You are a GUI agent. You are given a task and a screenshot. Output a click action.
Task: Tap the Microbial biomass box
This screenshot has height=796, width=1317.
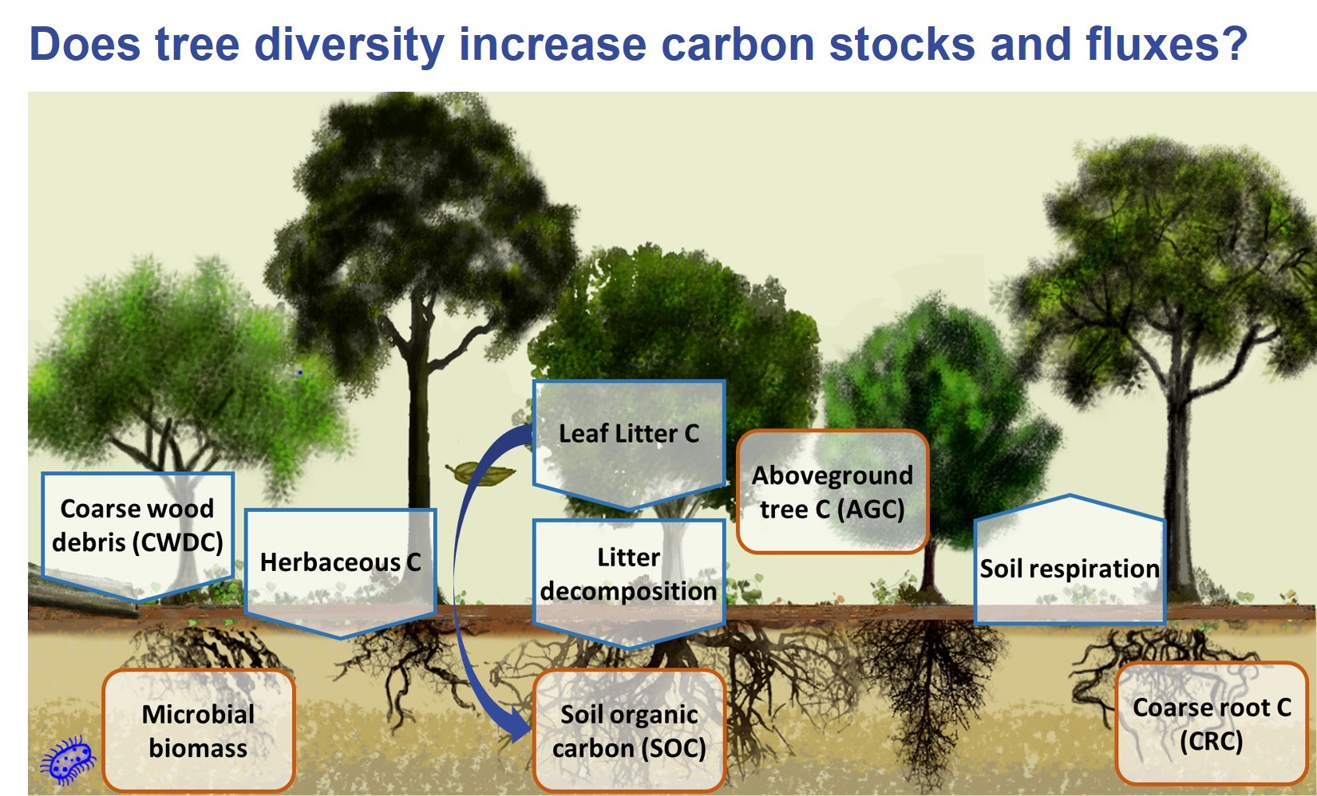[199, 731]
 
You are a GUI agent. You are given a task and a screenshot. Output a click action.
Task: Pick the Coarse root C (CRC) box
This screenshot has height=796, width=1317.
[1211, 723]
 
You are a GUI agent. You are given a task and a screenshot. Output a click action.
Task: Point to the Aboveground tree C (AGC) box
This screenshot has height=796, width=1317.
[833, 491]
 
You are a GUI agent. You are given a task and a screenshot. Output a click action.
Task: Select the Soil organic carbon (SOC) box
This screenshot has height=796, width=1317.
[629, 731]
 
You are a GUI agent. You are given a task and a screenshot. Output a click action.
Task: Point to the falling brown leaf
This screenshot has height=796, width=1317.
[481, 473]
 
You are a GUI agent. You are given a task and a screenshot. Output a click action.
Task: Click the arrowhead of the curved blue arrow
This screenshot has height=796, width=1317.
[519, 726]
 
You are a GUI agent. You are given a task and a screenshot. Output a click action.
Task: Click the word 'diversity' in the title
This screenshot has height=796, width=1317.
[350, 45]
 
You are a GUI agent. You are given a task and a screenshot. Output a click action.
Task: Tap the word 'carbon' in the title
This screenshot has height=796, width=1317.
[738, 45]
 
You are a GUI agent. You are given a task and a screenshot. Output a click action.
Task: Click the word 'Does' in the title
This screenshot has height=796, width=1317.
[85, 44]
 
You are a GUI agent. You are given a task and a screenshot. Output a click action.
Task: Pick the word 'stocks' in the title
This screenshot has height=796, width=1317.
[901, 45]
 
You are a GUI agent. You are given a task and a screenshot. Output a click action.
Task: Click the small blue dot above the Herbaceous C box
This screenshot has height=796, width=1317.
[300, 372]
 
